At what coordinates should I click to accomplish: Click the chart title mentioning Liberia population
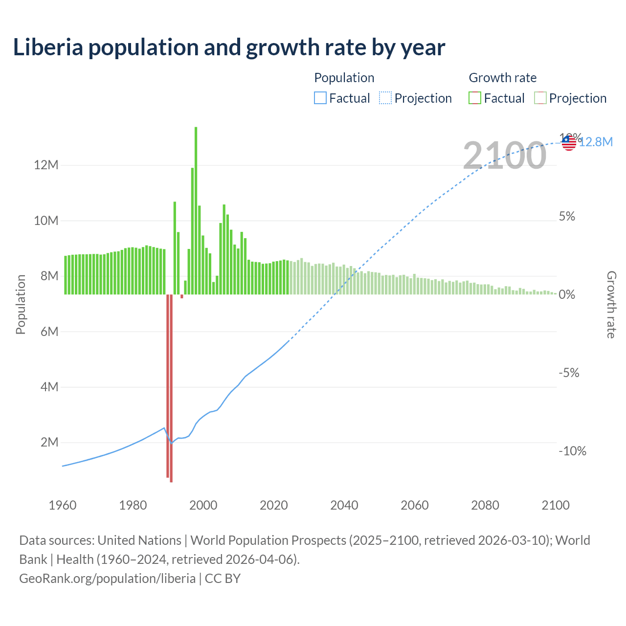tap(229, 47)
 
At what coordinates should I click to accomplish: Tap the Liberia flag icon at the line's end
tap(569, 143)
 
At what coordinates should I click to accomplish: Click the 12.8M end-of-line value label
tap(596, 142)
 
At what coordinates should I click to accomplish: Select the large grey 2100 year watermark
tap(504, 156)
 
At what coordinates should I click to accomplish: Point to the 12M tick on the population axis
tap(46, 165)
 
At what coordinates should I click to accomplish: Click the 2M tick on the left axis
tap(49, 443)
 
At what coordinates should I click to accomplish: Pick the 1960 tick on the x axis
tap(63, 505)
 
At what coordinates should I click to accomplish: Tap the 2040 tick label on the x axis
tap(344, 505)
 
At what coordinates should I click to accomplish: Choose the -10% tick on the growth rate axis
tap(572, 451)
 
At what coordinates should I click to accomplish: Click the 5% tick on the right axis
tap(567, 217)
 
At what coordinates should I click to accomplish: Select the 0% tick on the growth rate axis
tap(567, 294)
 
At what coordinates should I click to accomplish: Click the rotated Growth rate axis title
tap(611, 305)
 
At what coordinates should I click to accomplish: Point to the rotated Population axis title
tap(21, 305)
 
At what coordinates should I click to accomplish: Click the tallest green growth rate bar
tap(196, 210)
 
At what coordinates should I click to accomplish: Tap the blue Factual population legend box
tap(320, 98)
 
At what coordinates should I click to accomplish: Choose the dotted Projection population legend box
tap(385, 98)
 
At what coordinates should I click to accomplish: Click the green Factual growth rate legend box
tap(474, 98)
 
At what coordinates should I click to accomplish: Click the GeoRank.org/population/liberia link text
tap(107, 579)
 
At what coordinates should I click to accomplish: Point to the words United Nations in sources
tap(139, 540)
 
